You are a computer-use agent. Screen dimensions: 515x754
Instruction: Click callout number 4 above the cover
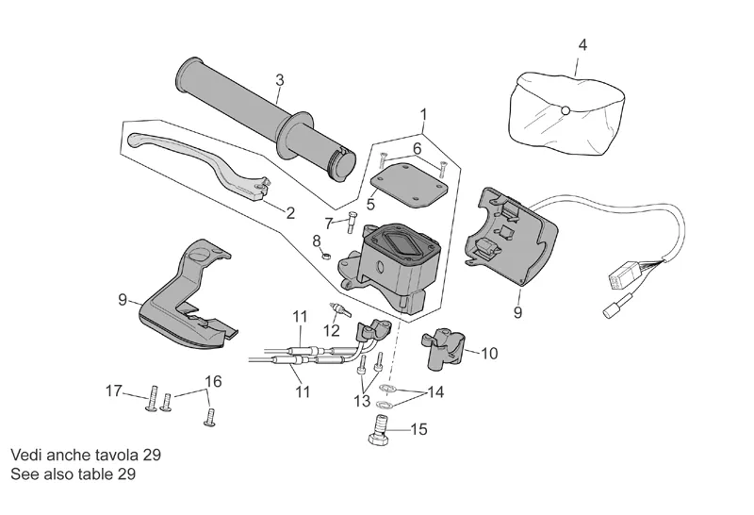582,45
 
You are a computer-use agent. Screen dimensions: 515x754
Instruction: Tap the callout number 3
280,80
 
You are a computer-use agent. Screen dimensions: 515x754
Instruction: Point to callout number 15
418,429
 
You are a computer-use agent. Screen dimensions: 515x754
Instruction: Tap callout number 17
114,390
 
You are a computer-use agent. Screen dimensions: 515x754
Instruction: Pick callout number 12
331,330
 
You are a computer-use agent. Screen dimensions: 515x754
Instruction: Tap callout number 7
330,224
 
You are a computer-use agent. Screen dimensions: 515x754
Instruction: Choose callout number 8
318,243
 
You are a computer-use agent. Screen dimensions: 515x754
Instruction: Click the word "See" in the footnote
25,473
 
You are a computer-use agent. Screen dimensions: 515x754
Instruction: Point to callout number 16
214,381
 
